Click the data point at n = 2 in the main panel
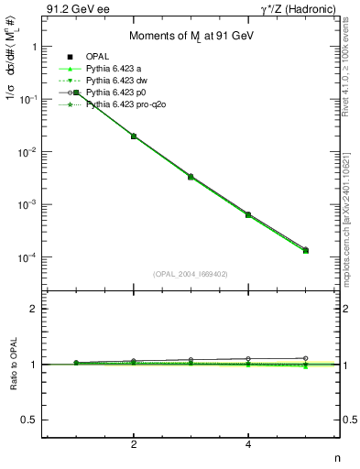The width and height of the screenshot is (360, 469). [134, 136]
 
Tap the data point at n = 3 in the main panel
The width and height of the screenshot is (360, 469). [191, 176]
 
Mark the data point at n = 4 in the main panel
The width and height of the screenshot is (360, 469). [248, 214]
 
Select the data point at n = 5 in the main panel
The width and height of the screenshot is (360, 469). [305, 250]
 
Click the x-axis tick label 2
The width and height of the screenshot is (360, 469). [134, 444]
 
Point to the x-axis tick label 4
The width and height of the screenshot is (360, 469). [248, 444]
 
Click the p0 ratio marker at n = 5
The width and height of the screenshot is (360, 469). [305, 358]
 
